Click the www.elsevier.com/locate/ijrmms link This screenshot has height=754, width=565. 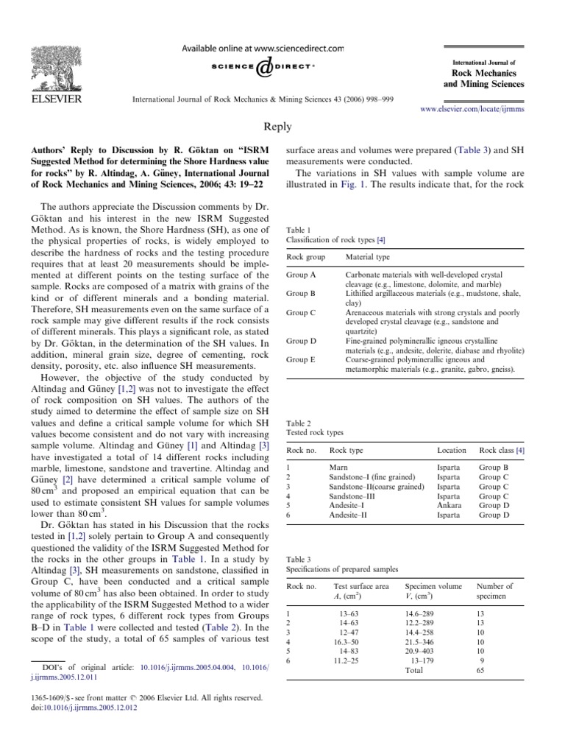(472, 108)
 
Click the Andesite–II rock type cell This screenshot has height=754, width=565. (349, 515)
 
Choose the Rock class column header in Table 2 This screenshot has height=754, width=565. (501, 449)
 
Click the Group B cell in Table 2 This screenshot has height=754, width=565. (494, 468)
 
